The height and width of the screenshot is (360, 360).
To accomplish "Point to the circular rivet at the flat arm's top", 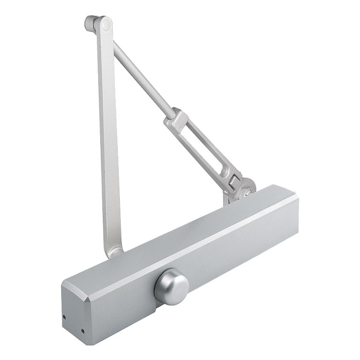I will click(106, 24).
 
